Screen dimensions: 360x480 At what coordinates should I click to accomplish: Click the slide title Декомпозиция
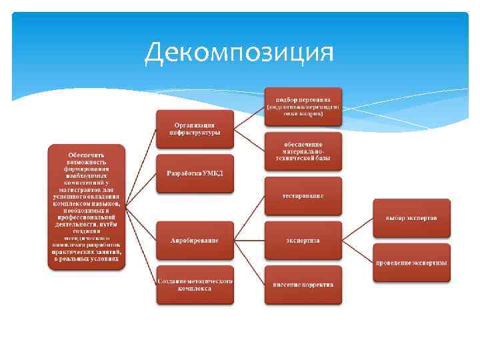point(239,51)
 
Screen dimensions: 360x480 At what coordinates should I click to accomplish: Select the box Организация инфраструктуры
point(195,129)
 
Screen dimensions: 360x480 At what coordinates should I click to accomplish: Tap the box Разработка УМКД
point(195,173)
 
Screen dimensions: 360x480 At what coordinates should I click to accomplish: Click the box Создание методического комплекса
point(195,285)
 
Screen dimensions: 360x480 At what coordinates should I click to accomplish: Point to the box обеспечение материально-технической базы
point(303,151)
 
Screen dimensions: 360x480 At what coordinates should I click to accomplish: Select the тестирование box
point(303,196)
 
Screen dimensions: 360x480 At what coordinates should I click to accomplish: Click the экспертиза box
point(303,240)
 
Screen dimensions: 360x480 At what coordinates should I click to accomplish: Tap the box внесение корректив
point(303,285)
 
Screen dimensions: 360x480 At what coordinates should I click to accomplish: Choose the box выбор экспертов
point(411,218)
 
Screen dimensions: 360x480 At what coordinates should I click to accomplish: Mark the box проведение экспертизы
point(411,263)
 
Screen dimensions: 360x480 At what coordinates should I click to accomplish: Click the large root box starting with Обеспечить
point(87,207)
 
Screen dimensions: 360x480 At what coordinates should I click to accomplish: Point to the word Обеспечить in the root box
point(87,155)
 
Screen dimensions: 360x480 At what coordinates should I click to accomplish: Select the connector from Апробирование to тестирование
point(250,217)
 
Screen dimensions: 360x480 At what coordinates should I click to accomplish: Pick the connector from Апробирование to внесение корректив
point(250,262)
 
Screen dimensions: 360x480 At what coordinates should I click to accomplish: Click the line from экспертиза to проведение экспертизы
point(357,251)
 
